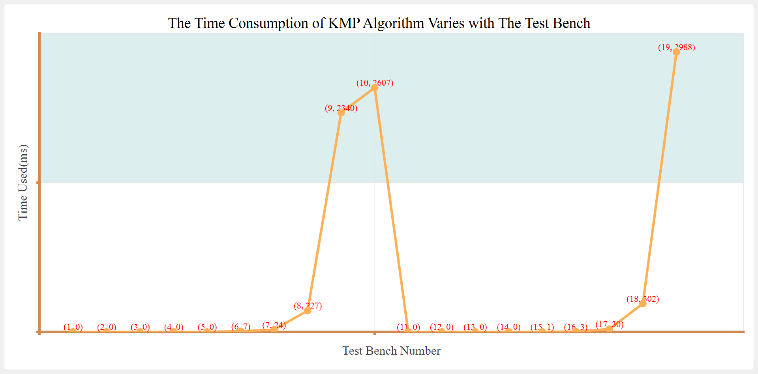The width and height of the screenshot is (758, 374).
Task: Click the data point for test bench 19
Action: pos(676,52)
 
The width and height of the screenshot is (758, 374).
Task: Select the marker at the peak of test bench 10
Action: pos(375,88)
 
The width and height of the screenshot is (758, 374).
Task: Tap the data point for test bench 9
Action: pos(341,113)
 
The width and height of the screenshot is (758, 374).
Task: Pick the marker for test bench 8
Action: pos(308,311)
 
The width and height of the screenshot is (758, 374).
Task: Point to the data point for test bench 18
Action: pos(643,303)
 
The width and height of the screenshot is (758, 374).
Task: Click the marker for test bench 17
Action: pos(609,329)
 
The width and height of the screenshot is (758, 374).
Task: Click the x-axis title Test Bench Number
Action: pos(391,351)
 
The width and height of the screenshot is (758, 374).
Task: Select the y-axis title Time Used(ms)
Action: pos(23,182)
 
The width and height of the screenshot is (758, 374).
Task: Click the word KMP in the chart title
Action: pos(344,23)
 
